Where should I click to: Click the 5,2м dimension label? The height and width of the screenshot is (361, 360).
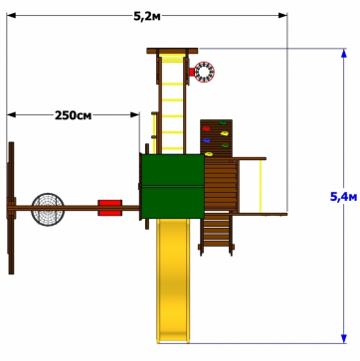point(147,16)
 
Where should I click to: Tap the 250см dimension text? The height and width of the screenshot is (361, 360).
point(73,115)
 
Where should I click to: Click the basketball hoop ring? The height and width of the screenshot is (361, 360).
point(204,72)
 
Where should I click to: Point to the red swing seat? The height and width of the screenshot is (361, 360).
point(109,208)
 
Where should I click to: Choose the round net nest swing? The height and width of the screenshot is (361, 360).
point(48,210)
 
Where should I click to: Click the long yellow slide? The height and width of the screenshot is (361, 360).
point(173,280)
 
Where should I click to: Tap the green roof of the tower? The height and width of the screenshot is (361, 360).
point(173,186)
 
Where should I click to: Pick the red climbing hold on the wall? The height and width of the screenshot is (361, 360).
point(206,128)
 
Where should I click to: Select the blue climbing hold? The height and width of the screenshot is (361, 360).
point(207,140)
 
